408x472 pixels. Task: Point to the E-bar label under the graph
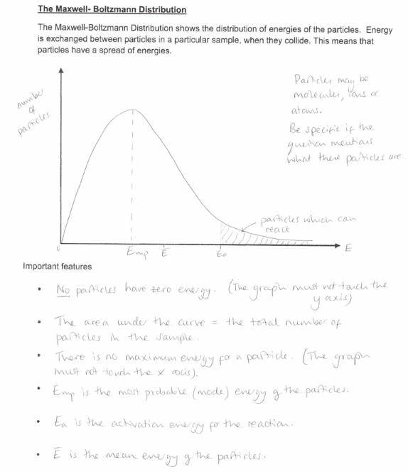(x=165, y=252)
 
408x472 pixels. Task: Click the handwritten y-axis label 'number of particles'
(x=31, y=113)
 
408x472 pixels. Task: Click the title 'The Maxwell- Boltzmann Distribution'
(x=112, y=10)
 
